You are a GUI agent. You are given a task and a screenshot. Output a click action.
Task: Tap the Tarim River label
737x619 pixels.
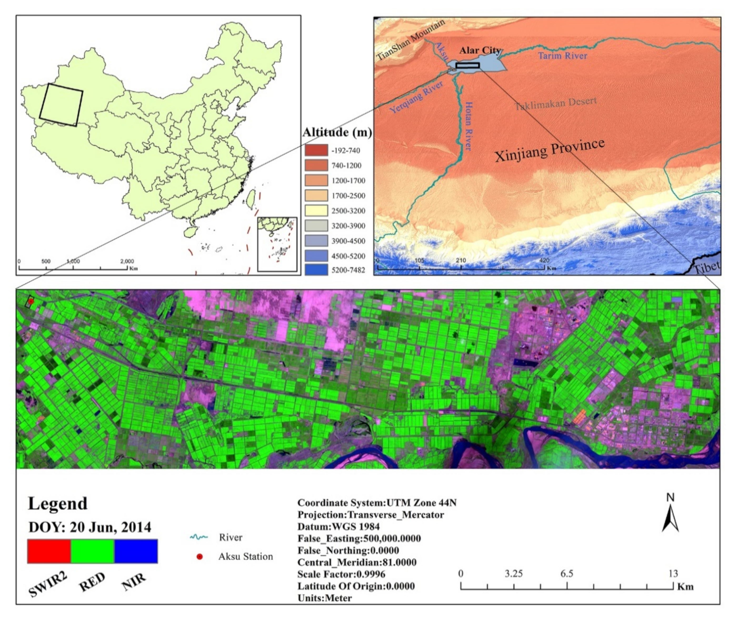562,56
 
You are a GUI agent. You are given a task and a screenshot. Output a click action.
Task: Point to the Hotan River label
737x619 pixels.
469,126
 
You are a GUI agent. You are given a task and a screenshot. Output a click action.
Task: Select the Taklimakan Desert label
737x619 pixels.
555,104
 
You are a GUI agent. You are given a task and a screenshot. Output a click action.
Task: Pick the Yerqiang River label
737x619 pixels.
416,97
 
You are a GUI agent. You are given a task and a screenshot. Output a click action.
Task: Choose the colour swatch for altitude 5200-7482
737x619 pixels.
316,270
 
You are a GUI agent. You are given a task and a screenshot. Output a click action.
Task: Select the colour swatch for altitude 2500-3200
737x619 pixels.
316,211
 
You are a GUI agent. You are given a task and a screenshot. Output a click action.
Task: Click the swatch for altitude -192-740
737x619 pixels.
316,150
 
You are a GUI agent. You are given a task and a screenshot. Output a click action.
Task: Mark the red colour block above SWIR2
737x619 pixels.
49,551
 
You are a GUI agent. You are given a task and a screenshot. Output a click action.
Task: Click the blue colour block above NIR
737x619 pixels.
136,551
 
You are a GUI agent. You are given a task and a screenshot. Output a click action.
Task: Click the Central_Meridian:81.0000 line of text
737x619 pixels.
357,562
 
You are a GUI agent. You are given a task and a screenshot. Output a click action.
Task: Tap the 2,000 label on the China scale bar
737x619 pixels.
127,261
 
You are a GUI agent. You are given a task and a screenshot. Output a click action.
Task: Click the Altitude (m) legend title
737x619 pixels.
337,132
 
